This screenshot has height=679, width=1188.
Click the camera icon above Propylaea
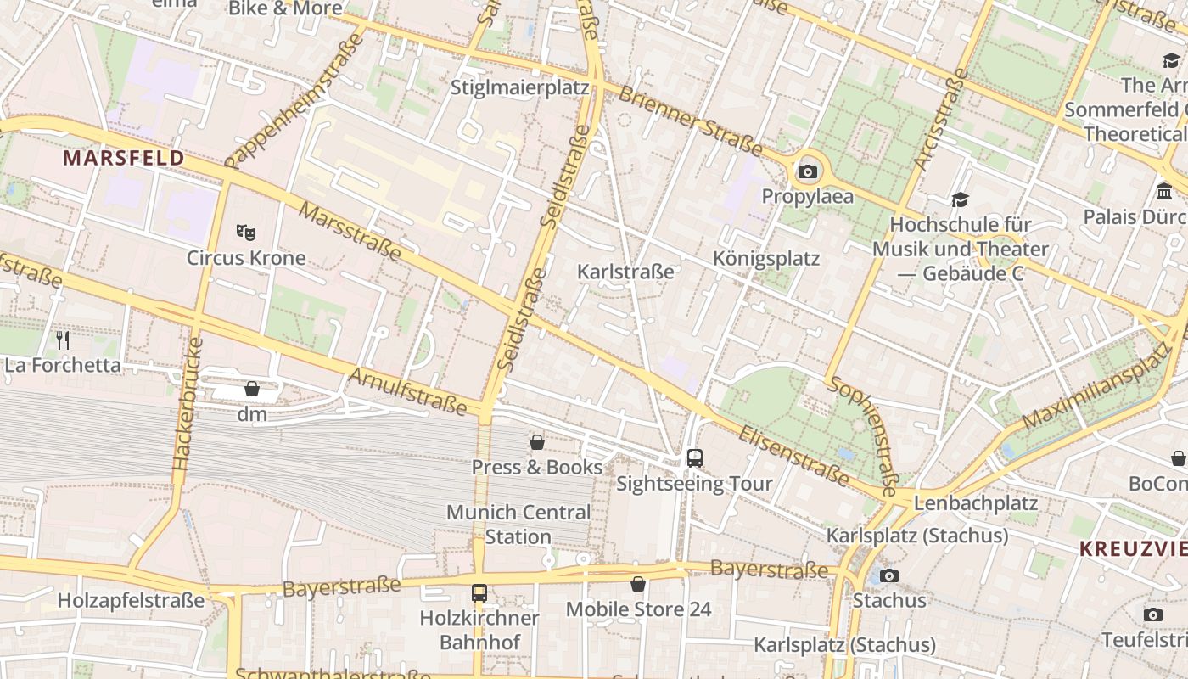coord(807,172)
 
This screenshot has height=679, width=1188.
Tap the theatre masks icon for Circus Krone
coord(246,232)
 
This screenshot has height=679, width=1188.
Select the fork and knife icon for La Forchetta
coord(63,340)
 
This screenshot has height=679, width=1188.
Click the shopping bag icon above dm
coord(252,389)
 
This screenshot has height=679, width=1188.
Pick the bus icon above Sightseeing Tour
coord(695,458)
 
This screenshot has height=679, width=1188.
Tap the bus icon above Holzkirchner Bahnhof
coord(479,593)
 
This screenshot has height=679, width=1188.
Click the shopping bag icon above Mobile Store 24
coord(638,584)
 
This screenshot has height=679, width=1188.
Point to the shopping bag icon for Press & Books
coord(537,442)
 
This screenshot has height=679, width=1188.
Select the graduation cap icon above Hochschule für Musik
coord(960,199)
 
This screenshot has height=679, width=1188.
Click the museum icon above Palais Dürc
coord(1164,191)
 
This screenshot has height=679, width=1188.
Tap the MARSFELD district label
coord(124,158)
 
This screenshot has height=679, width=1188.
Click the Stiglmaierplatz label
coord(519,88)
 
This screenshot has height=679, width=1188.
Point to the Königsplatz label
coord(766,258)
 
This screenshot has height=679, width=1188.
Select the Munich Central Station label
coord(518,525)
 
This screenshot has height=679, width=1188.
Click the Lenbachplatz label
coord(975,503)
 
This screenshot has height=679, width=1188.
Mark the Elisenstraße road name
coord(793,457)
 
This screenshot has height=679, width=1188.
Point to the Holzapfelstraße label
coord(132,601)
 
